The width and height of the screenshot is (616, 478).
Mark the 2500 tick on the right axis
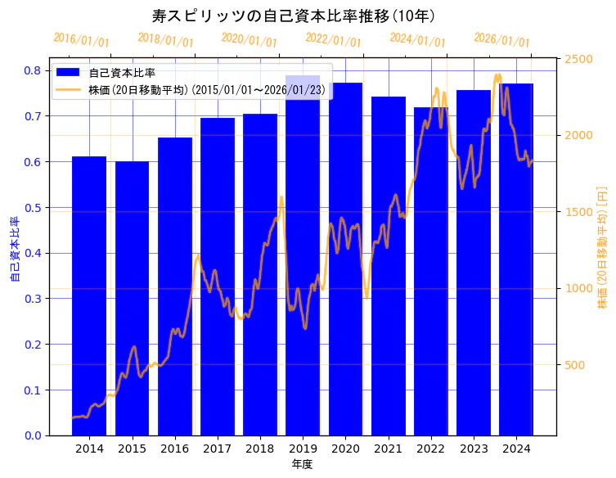pyautogui.click(x=578, y=60)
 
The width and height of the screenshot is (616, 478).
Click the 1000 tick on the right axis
pyautogui.click(x=578, y=288)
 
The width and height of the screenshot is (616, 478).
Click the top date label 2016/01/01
pyautogui.click(x=81, y=40)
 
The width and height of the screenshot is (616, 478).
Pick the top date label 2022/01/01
pyautogui.click(x=333, y=40)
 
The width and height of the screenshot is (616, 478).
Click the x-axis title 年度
pyautogui.click(x=302, y=464)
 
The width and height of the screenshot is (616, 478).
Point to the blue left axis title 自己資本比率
pyautogui.click(x=14, y=250)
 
